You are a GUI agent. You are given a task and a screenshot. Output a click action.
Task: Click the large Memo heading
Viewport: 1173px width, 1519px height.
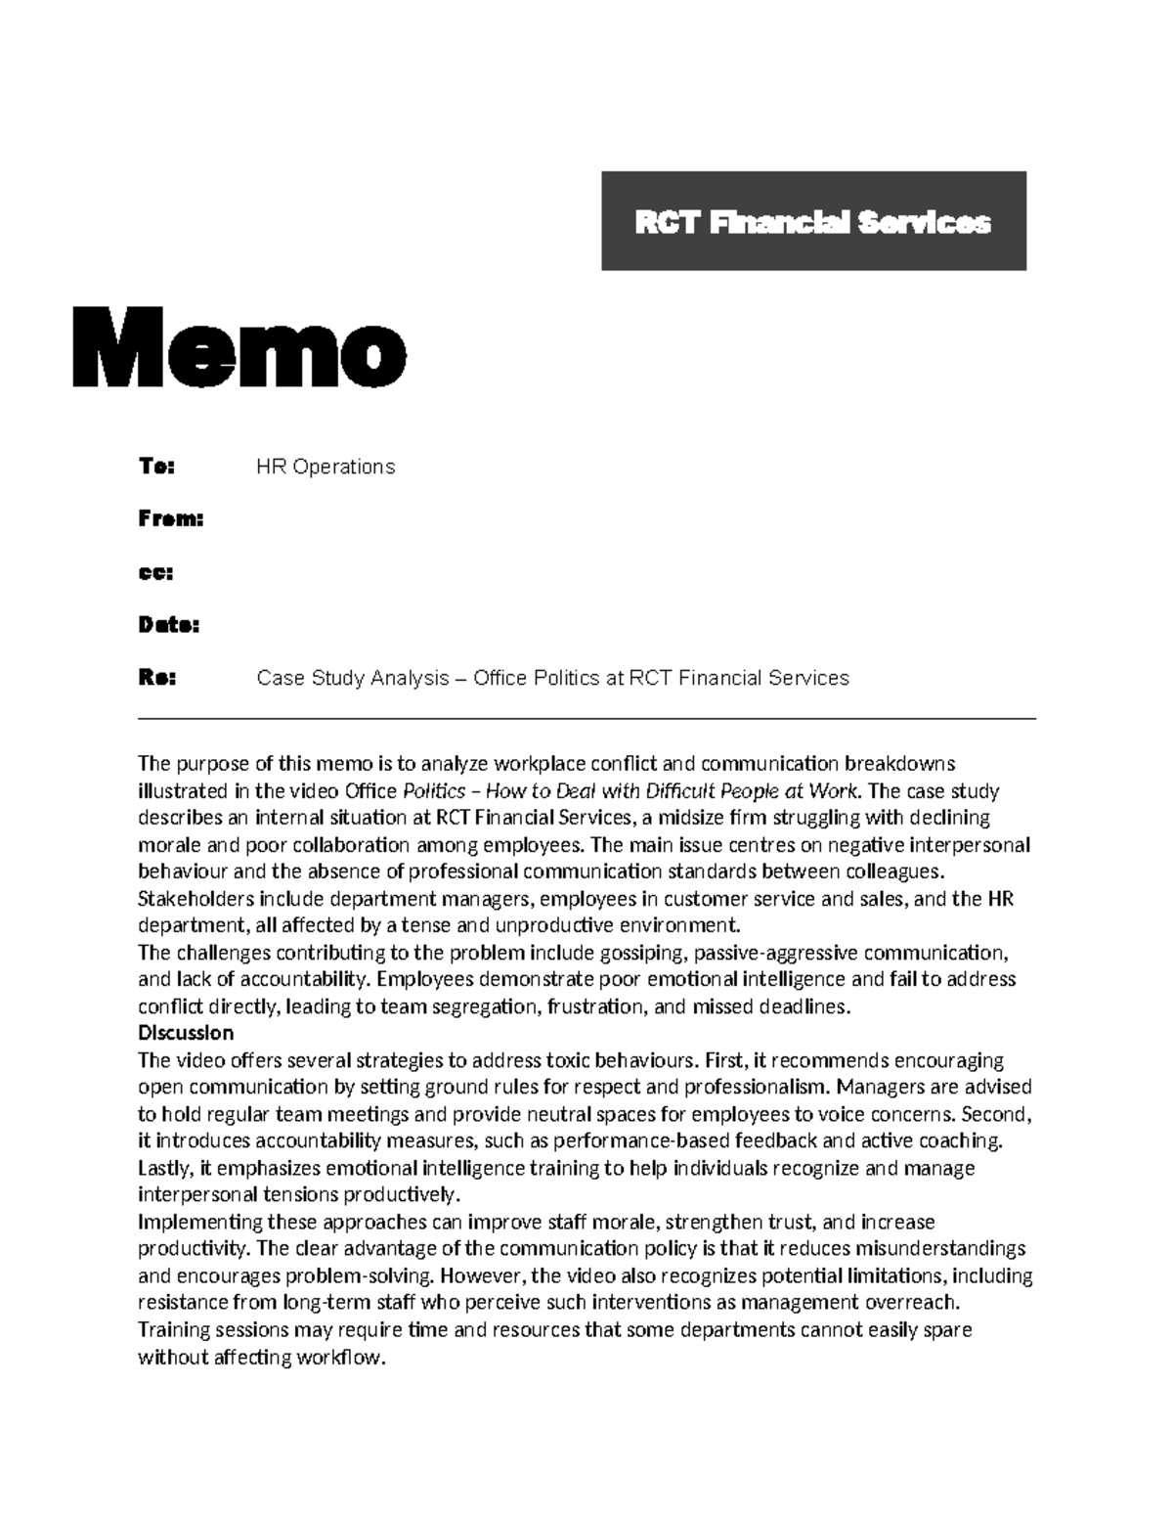tap(239, 347)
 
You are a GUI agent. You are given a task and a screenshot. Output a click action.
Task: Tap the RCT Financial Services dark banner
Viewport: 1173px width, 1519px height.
tap(813, 221)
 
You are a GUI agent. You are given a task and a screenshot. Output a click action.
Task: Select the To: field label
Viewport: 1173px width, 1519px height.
tap(155, 467)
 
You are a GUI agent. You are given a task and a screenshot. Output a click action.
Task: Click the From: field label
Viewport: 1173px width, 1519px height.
tap(170, 519)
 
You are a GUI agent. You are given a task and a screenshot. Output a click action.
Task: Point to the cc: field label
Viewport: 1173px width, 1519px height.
tap(155, 572)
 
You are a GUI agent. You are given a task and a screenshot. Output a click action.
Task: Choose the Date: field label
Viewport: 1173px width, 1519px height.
tap(168, 625)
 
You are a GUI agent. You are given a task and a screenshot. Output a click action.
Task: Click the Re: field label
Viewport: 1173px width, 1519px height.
tap(156, 678)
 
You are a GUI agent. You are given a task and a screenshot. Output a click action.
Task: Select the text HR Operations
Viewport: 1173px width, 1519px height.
tap(326, 467)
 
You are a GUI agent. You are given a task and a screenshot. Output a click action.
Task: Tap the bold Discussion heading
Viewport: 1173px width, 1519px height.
tap(186, 1033)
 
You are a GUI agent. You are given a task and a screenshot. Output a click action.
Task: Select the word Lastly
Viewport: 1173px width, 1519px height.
tap(163, 1168)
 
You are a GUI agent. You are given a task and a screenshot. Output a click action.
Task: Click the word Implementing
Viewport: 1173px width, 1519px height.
tap(200, 1222)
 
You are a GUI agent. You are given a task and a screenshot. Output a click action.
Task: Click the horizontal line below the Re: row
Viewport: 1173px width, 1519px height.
tap(586, 719)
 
